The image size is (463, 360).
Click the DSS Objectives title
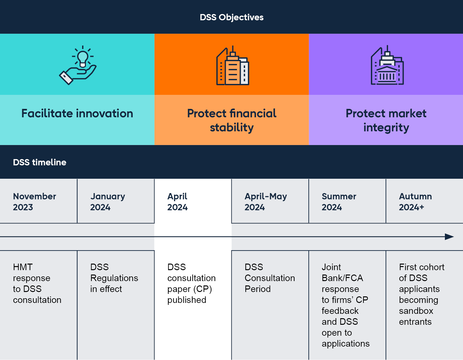click(x=231, y=17)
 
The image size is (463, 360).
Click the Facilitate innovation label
click(x=77, y=113)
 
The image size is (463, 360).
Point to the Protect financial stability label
click(x=232, y=120)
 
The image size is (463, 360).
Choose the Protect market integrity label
click(x=386, y=120)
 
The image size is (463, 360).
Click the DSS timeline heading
click(x=40, y=162)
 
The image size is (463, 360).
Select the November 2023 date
click(x=34, y=202)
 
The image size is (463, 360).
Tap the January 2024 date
click(x=107, y=202)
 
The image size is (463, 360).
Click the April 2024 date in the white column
click(x=177, y=202)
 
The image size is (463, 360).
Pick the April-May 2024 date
click(x=265, y=202)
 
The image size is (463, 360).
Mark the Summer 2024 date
click(x=339, y=202)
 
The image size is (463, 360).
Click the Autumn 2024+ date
click(x=415, y=202)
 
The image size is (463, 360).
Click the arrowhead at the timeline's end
click(x=449, y=237)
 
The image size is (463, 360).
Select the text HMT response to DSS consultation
click(x=37, y=283)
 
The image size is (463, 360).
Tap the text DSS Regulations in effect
click(x=114, y=278)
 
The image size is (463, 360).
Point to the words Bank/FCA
click(x=342, y=278)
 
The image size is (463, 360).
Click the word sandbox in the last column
click(x=416, y=311)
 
